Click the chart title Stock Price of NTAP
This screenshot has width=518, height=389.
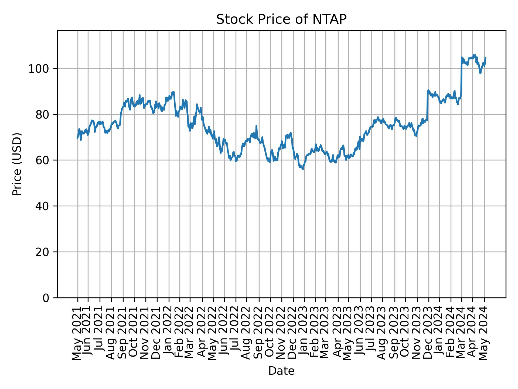point(281,19)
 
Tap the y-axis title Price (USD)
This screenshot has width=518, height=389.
point(17,164)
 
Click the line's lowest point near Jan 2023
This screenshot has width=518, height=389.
point(303,169)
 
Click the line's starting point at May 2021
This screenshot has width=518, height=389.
point(77,138)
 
